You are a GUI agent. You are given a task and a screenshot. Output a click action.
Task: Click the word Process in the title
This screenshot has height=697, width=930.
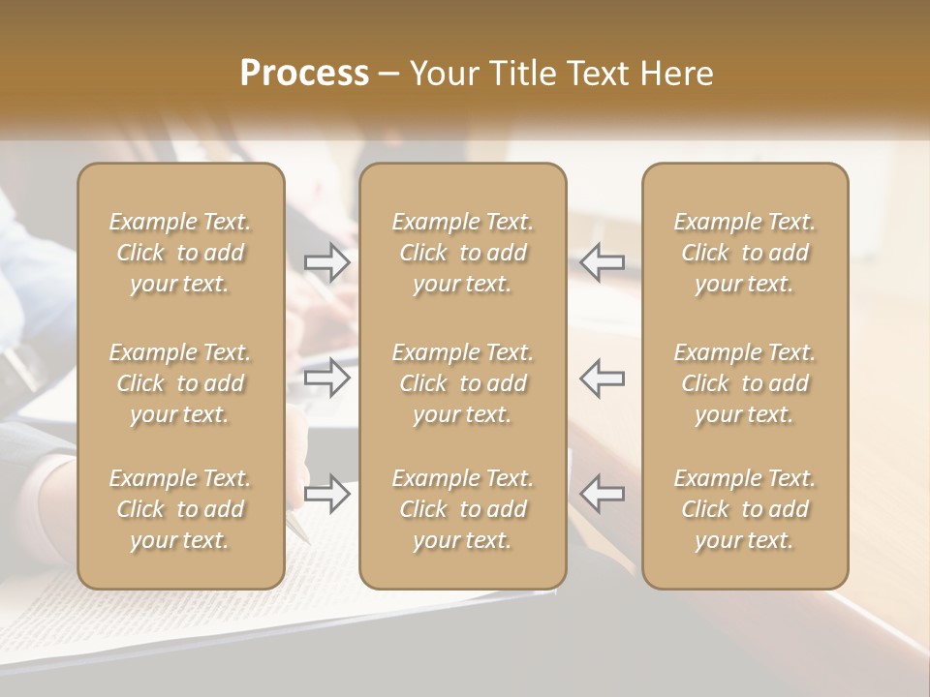pyautogui.click(x=304, y=74)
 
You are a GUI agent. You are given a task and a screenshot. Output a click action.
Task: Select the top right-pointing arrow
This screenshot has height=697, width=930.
pyautogui.click(x=327, y=261)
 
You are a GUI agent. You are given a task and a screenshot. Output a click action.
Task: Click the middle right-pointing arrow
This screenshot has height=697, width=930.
pyautogui.click(x=327, y=378)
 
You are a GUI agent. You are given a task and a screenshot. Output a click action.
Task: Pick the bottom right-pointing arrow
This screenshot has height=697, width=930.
pyautogui.click(x=327, y=494)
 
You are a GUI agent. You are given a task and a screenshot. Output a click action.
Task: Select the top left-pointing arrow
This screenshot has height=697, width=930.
pyautogui.click(x=603, y=261)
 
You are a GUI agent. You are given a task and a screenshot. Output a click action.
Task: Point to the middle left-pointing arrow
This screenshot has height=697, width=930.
pyautogui.click(x=603, y=378)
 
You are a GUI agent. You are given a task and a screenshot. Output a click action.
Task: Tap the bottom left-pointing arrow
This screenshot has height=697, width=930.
pyautogui.click(x=603, y=494)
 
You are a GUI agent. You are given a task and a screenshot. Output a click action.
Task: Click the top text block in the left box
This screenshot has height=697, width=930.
pyautogui.click(x=180, y=253)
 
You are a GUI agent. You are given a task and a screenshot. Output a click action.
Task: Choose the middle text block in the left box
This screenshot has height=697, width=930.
pyautogui.click(x=180, y=383)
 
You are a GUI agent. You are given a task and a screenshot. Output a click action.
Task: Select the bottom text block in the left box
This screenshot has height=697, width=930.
pyautogui.click(x=180, y=509)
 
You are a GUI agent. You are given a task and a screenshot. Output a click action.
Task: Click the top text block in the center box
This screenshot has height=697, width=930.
pyautogui.click(x=462, y=253)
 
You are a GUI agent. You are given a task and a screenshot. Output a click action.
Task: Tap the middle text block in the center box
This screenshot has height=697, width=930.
pyautogui.click(x=462, y=383)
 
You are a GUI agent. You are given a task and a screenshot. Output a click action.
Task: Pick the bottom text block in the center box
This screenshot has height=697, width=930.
pyautogui.click(x=462, y=509)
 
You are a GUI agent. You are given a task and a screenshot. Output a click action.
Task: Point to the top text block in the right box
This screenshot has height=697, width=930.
pyautogui.click(x=744, y=253)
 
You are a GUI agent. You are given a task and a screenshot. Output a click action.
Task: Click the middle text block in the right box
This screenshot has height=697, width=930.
pyautogui.click(x=744, y=383)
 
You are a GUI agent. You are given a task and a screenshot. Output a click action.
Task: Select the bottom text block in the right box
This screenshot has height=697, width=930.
pyautogui.click(x=744, y=509)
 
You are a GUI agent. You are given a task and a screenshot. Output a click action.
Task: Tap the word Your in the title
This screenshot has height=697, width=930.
pyautogui.click(x=442, y=74)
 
